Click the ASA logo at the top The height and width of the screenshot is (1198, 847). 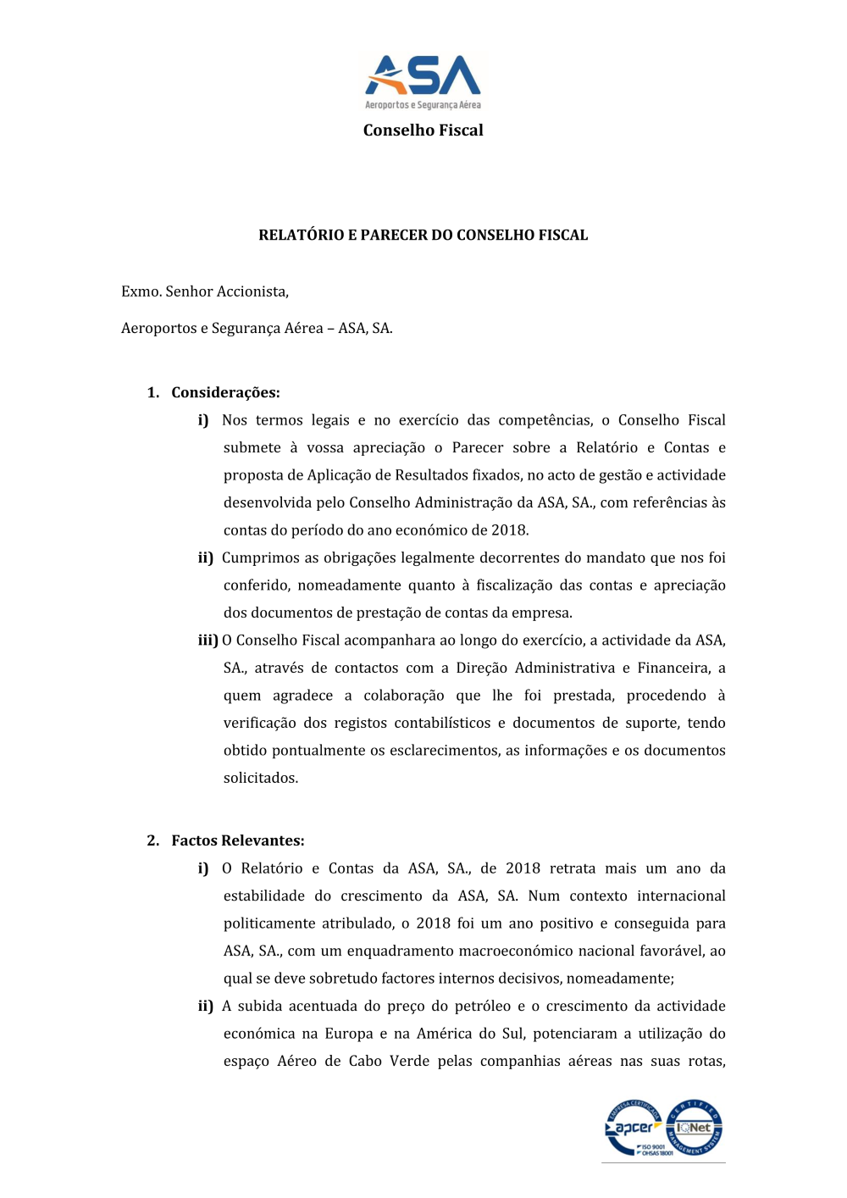tap(423, 81)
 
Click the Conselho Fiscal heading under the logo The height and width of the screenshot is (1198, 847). tap(423, 130)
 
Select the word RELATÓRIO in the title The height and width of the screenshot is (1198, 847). tap(301, 236)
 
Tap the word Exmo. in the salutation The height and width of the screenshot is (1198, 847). tap(141, 291)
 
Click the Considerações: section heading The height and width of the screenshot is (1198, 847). tap(225, 392)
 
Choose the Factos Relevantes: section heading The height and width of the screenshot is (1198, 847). tap(238, 840)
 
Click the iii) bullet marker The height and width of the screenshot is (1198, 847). tap(208, 641)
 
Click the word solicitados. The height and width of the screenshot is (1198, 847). tap(260, 778)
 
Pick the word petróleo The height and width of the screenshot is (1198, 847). tap(482, 1006)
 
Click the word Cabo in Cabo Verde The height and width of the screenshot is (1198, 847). tap(365, 1061)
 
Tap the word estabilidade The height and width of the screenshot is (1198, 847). tap(263, 896)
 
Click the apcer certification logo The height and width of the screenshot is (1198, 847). tap(634, 1128)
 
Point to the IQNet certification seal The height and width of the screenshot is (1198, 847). tap(695, 1127)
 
